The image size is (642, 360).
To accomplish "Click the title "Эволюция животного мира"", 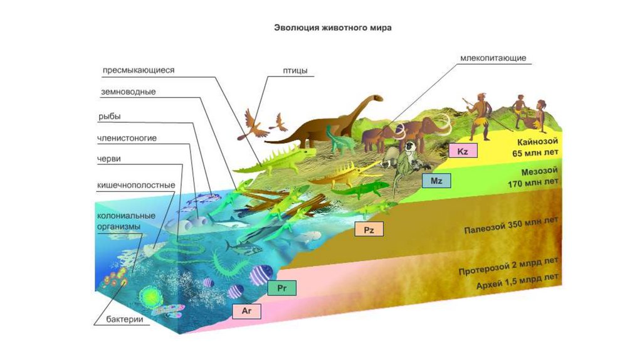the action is (x=333, y=28).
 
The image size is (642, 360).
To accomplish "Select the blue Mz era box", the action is (x=436, y=181).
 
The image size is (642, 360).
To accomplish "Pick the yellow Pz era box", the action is (x=369, y=230).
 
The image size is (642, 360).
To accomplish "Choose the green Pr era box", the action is (x=282, y=288).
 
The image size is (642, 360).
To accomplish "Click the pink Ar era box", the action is (x=246, y=310).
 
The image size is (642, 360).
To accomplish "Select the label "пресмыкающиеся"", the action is (x=138, y=70).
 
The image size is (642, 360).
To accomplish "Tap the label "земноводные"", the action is (x=128, y=92).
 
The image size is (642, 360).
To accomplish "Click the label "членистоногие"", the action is (x=127, y=137).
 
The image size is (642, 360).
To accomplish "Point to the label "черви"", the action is (x=109, y=159).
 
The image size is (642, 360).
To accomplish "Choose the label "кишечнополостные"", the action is (x=135, y=186).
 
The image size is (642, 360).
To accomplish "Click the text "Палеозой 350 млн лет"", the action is (x=511, y=228).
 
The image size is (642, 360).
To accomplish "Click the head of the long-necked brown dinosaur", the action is (x=376, y=98).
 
